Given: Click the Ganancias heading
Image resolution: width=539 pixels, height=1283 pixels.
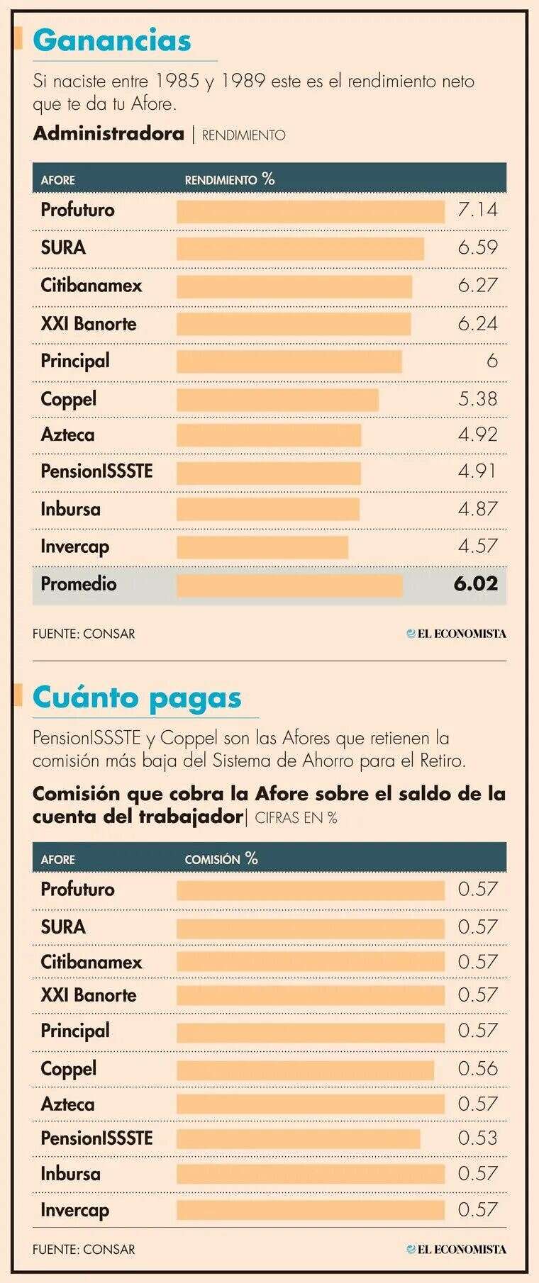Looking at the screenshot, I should pyautogui.click(x=112, y=40).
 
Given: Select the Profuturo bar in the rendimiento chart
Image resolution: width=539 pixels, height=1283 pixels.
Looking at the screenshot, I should pyautogui.click(x=310, y=211).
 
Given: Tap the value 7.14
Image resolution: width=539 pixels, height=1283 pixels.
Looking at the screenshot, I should pyautogui.click(x=477, y=210).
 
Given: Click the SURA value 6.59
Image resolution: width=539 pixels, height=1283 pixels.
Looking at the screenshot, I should pyautogui.click(x=477, y=247).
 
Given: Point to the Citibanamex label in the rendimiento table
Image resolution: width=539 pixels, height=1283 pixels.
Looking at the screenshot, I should pyautogui.click(x=91, y=286).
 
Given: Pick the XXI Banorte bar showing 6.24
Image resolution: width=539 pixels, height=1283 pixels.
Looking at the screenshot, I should pyautogui.click(x=293, y=324).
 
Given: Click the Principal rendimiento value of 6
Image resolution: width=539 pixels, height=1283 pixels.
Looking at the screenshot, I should pyautogui.click(x=491, y=361).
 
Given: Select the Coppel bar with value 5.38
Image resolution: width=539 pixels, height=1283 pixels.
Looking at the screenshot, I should pyautogui.click(x=277, y=399).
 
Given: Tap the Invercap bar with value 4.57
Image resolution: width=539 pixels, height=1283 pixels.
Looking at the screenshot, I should pyautogui.click(x=262, y=547).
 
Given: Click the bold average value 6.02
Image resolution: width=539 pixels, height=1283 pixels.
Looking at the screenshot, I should pyautogui.click(x=475, y=584).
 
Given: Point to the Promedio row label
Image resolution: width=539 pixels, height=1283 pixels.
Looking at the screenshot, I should pyautogui.click(x=78, y=584).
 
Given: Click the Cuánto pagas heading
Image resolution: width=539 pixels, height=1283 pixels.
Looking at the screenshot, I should pyautogui.click(x=137, y=697).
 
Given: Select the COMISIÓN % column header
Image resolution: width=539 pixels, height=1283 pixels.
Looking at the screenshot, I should pyautogui.click(x=221, y=858).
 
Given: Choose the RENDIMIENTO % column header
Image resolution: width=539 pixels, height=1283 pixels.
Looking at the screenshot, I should pyautogui.click(x=229, y=179).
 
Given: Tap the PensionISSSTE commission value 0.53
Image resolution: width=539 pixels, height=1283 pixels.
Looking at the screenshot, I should pyautogui.click(x=477, y=1138).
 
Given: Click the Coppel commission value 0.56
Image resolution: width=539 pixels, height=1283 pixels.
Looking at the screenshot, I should pyautogui.click(x=477, y=1068).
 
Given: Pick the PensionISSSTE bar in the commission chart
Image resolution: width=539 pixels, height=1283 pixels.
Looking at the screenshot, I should pyautogui.click(x=298, y=1138).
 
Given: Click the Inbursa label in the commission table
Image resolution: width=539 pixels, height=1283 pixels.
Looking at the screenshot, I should pyautogui.click(x=70, y=1173).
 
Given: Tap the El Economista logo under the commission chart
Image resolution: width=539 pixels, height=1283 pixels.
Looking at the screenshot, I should pyautogui.click(x=456, y=1249).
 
